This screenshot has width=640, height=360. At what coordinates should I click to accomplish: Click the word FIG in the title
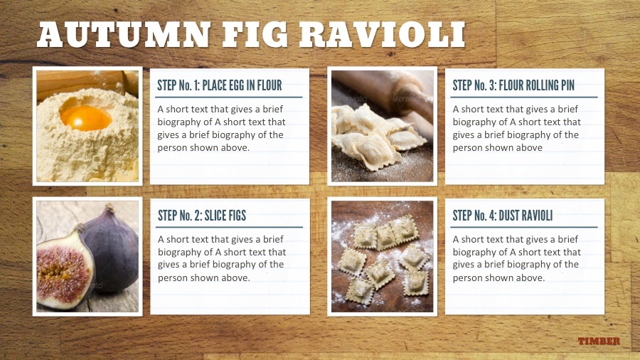click(255, 35)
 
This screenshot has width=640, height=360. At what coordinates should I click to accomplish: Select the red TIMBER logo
click(599, 342)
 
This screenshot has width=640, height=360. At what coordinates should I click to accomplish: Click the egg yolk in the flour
click(86, 117)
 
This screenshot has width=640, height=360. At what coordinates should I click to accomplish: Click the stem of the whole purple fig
click(109, 209)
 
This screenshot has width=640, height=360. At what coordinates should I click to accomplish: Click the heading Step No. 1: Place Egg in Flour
click(220, 85)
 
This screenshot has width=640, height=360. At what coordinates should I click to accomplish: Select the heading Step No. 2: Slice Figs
click(202, 216)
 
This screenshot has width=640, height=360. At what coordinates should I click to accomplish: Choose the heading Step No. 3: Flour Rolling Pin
click(513, 85)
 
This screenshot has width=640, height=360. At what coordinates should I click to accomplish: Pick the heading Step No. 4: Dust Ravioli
click(503, 216)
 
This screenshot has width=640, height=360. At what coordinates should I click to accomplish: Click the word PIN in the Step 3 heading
click(567, 85)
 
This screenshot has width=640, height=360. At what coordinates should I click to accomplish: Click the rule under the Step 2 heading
click(229, 227)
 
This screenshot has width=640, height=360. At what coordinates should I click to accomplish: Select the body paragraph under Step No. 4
click(516, 258)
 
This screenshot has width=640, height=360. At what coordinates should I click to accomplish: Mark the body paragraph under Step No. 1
click(221, 128)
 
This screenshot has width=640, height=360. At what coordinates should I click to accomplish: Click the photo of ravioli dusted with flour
click(382, 256)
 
